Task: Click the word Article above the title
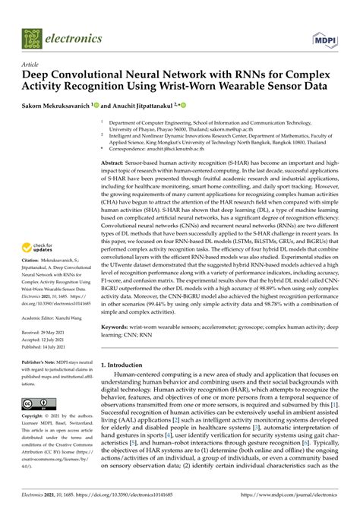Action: tap(31, 65)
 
